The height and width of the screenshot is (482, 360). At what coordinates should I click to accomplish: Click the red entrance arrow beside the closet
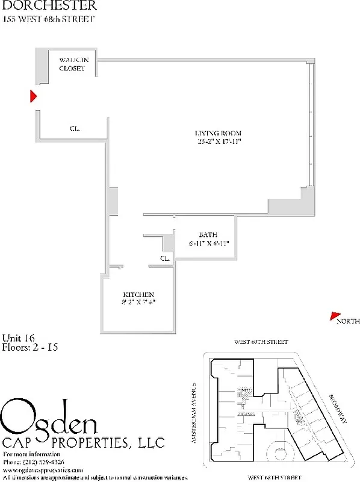coord(34,96)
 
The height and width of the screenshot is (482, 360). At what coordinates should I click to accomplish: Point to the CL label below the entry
coord(75,128)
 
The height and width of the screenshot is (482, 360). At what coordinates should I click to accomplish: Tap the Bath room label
coord(208,234)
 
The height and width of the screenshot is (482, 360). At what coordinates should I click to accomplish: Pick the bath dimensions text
coord(208,243)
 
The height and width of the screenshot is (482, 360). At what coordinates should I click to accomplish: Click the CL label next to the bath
coord(164,258)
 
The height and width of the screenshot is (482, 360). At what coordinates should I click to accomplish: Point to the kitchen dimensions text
coord(138,302)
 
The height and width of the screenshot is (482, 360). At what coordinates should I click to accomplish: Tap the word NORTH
coord(349,321)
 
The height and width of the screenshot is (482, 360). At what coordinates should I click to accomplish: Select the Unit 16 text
coord(18,337)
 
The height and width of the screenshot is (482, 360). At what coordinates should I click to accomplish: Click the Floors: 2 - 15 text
coord(29,347)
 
